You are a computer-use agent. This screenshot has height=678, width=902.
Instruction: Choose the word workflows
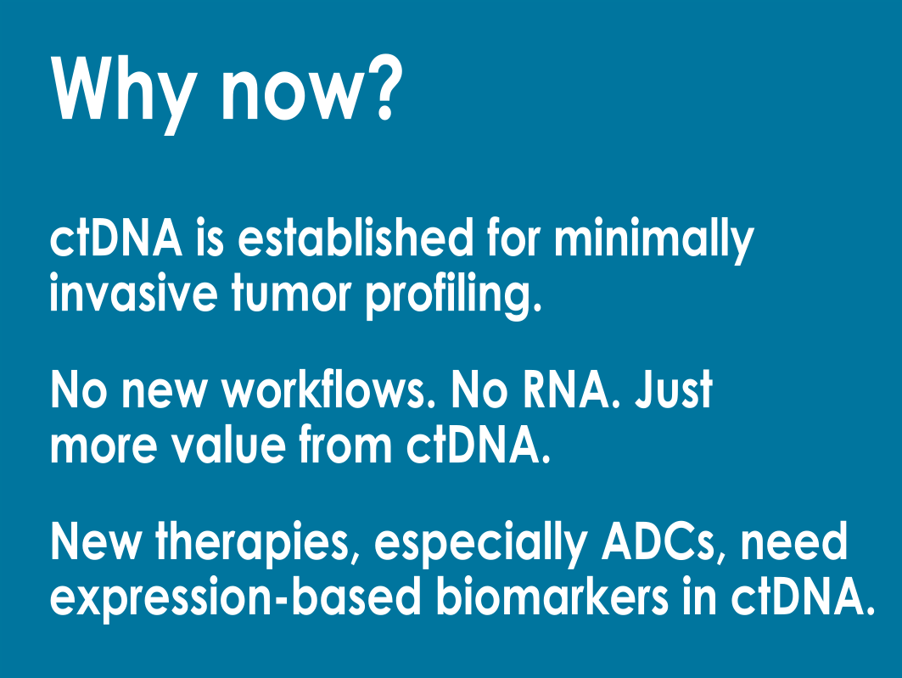[329, 389]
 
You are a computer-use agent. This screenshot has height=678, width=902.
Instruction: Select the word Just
[674, 389]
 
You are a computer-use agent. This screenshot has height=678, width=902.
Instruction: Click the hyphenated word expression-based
[236, 598]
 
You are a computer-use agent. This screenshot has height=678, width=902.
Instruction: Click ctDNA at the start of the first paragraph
[116, 238]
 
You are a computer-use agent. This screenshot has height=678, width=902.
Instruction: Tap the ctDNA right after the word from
[479, 444]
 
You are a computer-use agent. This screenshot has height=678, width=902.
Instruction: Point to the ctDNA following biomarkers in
[803, 596]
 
